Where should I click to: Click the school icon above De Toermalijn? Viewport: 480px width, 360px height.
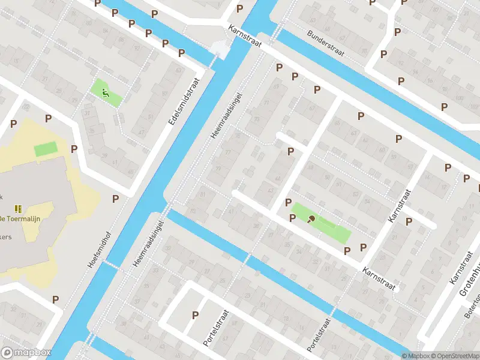point(18,208)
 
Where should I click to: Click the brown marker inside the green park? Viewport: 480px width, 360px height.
point(311,219)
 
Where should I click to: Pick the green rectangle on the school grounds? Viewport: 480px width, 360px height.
point(46,148)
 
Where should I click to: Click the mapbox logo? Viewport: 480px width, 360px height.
point(26,353)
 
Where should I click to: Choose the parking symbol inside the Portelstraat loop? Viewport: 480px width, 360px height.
point(195,314)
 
